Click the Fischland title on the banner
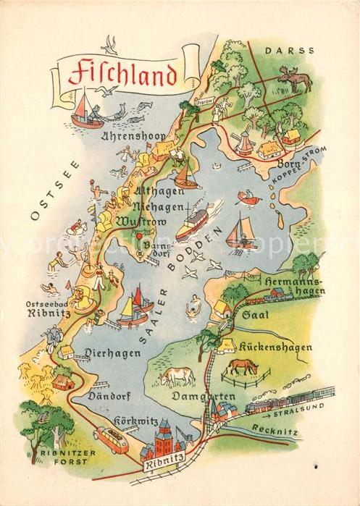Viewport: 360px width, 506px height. pyautogui.click(x=122, y=73)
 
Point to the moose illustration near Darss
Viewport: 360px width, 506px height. pyautogui.click(x=295, y=78)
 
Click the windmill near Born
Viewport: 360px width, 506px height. pyautogui.click(x=243, y=139)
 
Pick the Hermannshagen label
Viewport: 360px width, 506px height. pyautogui.click(x=292, y=284)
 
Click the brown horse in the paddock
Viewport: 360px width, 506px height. pyautogui.click(x=242, y=367)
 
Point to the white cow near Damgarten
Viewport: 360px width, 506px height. pyautogui.click(x=177, y=376)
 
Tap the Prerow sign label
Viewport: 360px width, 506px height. pyautogui.click(x=205, y=101)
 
